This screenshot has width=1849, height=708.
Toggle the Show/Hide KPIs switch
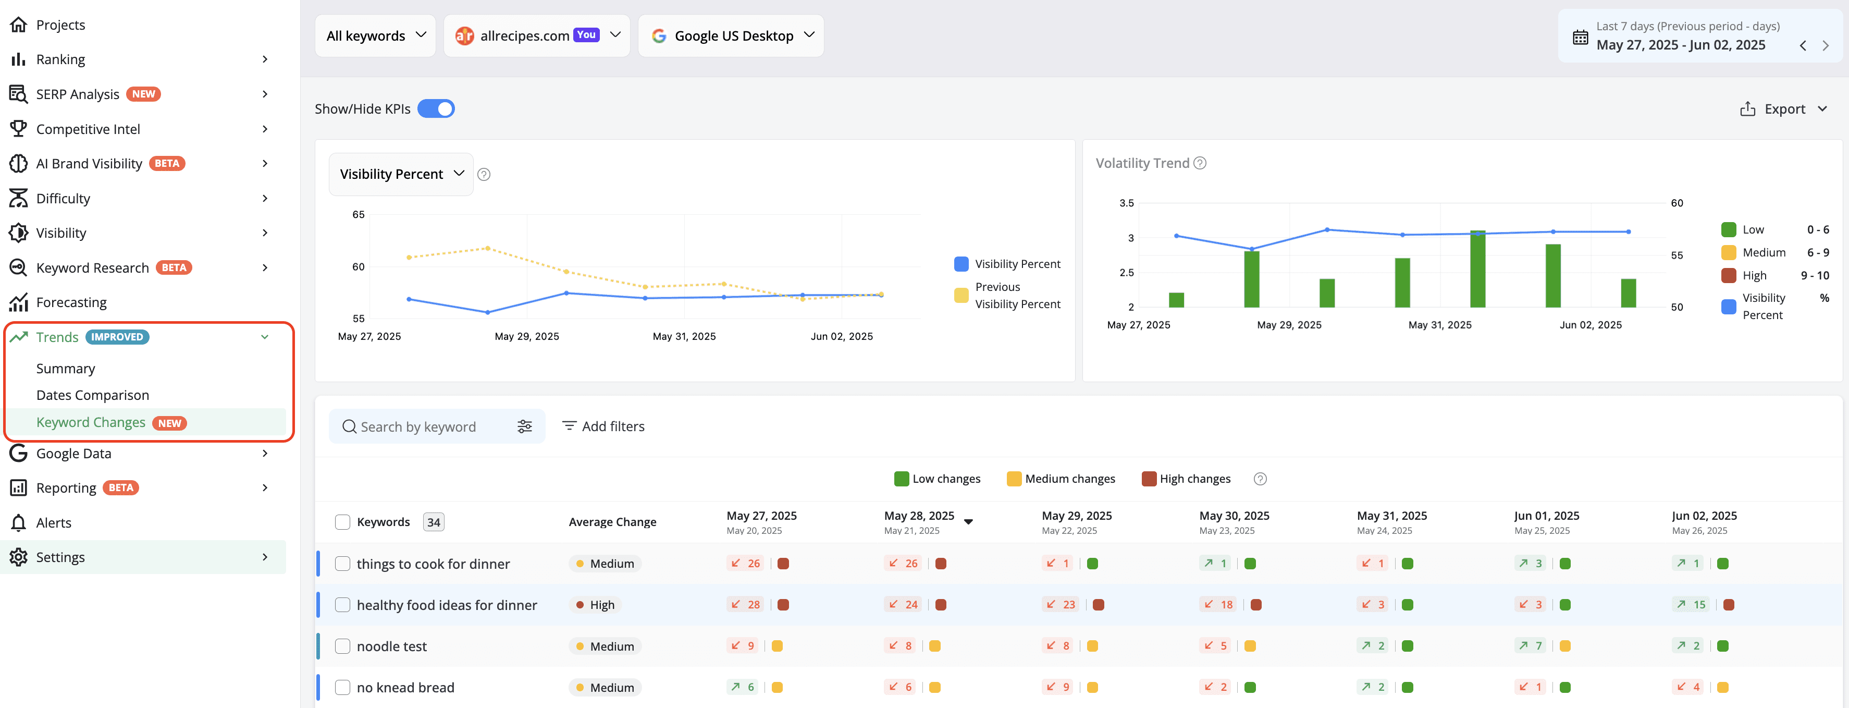click(436, 108)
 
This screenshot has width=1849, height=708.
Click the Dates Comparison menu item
click(93, 395)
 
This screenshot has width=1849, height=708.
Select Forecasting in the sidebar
click(71, 302)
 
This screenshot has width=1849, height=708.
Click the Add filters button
click(603, 426)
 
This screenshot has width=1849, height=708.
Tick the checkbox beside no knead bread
click(342, 687)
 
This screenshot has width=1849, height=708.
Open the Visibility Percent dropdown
click(401, 174)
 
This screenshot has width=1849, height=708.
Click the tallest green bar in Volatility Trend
click(1477, 268)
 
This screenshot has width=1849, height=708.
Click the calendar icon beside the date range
click(1580, 38)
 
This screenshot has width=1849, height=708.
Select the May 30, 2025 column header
click(1234, 516)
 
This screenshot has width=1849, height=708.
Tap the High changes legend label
click(1194, 479)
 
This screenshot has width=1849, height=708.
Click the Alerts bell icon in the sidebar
click(19, 523)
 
